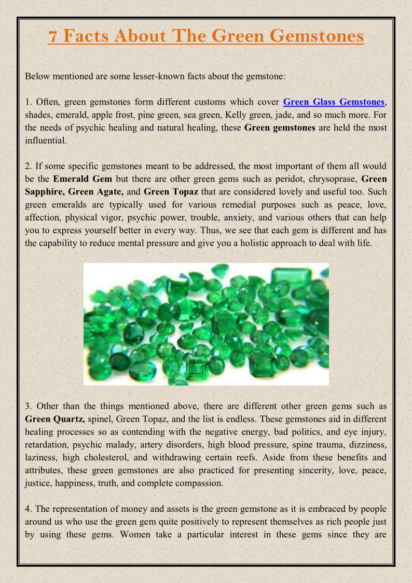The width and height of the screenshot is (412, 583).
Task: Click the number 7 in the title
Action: pos(53,36)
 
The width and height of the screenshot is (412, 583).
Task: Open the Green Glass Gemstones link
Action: pos(334,102)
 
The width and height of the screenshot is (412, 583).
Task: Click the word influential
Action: pos(46,140)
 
